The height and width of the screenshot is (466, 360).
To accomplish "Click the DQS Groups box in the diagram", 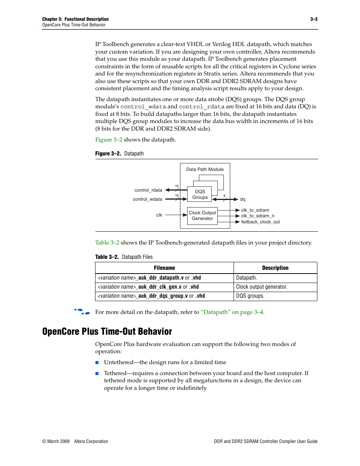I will (200, 194).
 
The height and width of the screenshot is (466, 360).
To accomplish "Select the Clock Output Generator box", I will (202, 216).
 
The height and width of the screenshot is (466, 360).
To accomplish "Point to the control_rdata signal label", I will (148, 190).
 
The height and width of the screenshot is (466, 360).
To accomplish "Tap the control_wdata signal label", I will (148, 199).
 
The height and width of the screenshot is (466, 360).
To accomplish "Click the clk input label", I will (159, 215).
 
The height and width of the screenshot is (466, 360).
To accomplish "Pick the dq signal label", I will (243, 199).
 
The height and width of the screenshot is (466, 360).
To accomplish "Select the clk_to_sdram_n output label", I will (258, 216).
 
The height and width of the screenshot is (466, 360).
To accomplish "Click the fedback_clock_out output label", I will (260, 222).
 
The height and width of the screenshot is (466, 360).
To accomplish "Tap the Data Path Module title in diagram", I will (205, 169).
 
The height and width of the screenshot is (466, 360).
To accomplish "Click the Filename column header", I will (165, 268).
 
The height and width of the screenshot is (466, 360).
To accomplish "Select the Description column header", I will (275, 268).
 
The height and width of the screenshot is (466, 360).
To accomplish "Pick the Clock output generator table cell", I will (262, 287).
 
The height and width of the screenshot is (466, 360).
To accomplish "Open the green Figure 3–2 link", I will (109, 140).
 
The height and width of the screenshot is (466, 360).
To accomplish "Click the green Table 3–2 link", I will (107, 243).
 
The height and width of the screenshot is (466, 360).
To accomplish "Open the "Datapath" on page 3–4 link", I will (232, 312).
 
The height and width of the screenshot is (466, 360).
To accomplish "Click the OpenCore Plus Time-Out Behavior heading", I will (107, 331).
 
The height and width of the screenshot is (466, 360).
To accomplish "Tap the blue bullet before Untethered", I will (97, 363).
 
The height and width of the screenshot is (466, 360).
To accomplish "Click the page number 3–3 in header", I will (314, 19).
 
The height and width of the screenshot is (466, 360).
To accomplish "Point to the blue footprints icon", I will (82, 312).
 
